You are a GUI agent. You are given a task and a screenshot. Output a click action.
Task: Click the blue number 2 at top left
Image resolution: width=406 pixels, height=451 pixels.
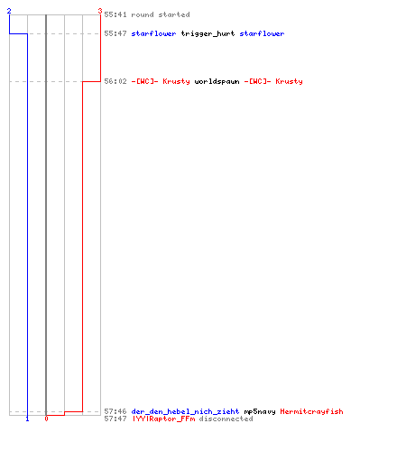click(9, 11)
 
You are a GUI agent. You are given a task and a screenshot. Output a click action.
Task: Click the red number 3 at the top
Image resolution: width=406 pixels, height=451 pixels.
click(100, 11)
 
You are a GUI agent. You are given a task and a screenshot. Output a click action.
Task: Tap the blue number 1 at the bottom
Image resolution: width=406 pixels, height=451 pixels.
click(27, 419)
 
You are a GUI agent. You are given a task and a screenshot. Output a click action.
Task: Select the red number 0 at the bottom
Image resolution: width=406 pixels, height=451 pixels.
click(46, 419)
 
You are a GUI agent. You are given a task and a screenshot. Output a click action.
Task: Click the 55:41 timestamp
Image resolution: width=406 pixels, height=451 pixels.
click(115, 14)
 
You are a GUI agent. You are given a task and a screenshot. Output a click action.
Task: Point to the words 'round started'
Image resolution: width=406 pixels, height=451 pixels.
click(161, 14)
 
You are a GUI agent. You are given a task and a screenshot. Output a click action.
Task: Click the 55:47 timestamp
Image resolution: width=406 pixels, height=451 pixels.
click(115, 33)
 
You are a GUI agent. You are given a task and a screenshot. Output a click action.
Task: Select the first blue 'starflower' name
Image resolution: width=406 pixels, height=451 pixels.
click(153, 33)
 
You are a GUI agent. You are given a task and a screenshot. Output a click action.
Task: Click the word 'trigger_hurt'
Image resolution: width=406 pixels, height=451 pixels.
click(208, 34)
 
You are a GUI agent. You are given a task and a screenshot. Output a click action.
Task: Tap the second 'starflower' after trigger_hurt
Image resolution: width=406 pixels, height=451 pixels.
click(262, 33)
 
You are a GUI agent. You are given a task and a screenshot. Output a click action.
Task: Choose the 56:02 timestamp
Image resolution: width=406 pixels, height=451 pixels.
click(115, 81)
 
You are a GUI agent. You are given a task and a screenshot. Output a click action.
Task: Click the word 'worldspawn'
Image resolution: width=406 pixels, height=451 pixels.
click(217, 82)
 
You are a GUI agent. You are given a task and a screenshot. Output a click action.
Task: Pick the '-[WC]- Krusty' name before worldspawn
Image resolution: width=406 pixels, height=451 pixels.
click(161, 81)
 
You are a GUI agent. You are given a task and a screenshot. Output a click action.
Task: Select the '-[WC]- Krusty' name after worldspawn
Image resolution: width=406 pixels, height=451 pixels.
click(273, 81)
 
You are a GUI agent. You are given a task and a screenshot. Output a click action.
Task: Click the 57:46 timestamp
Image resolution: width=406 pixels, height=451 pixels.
click(115, 411)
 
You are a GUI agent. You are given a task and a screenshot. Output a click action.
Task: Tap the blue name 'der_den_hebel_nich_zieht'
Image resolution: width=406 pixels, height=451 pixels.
click(185, 411)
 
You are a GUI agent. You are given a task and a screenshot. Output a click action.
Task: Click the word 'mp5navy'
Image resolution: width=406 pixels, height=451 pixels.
click(260, 411)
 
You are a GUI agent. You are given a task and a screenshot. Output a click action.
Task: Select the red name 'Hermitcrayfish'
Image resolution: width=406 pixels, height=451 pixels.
click(311, 411)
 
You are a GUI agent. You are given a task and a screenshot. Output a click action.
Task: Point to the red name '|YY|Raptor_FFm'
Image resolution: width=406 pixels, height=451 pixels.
click(163, 419)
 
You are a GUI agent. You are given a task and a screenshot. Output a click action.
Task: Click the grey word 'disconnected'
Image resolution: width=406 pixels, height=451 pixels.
click(226, 419)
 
